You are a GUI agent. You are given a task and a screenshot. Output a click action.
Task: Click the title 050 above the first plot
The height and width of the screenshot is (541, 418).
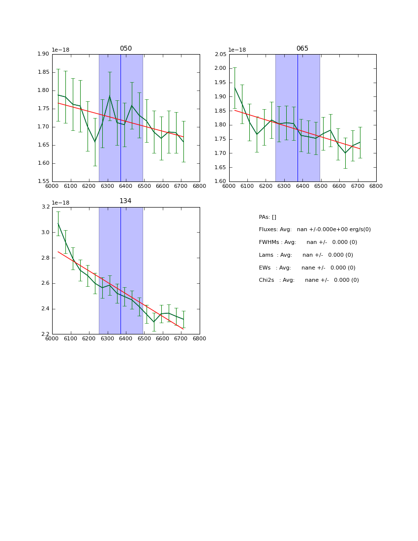click(x=125, y=49)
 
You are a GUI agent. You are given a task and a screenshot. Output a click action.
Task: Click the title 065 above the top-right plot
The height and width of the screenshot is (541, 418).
click(x=302, y=49)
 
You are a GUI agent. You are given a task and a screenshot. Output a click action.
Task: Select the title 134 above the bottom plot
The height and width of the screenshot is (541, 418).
click(x=125, y=201)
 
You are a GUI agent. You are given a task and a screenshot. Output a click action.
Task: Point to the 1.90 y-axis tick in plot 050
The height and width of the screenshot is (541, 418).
click(x=44, y=54)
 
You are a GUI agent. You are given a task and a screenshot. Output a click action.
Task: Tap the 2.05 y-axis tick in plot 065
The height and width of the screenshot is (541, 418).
click(x=220, y=54)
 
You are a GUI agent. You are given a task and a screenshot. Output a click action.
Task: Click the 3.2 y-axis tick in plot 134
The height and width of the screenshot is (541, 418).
click(x=45, y=207)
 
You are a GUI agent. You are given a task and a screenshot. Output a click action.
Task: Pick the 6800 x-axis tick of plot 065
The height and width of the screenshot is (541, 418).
click(x=376, y=185)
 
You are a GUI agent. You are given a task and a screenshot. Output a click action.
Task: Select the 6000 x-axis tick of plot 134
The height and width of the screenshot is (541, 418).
click(x=52, y=338)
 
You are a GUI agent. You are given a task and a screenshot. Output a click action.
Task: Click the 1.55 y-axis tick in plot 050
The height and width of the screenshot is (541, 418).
click(x=44, y=181)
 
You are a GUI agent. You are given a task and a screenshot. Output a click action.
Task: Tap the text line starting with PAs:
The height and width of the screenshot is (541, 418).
click(x=268, y=217)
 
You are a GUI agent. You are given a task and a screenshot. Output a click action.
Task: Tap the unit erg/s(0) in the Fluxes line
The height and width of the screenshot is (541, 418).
click(x=358, y=230)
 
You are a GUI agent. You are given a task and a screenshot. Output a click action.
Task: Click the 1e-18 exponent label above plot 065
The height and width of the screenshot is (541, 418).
click(x=237, y=50)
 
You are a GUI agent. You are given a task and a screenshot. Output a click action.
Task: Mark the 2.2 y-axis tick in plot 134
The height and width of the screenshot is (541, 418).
click(x=45, y=334)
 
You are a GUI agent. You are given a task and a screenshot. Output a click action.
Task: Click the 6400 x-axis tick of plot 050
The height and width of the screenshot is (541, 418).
click(x=125, y=185)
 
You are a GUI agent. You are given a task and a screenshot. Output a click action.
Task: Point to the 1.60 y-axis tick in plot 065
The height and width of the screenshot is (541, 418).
click(x=220, y=181)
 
